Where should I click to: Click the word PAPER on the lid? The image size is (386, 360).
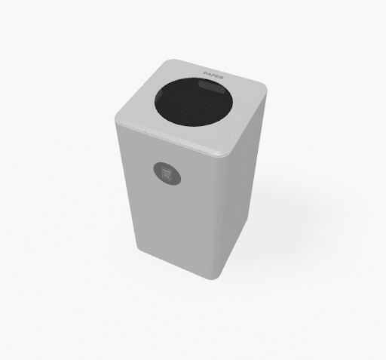(x=213, y=75)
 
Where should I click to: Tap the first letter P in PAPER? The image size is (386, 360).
(x=205, y=73)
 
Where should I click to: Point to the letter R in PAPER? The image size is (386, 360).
(x=221, y=78)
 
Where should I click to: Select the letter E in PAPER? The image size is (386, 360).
(x=217, y=76)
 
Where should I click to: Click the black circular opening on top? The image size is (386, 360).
(x=193, y=102)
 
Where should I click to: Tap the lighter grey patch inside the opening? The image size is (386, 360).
(x=211, y=87)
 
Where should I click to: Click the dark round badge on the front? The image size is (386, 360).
(x=167, y=174)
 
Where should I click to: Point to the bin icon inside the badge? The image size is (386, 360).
(x=167, y=174)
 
